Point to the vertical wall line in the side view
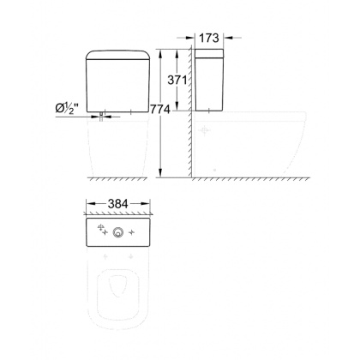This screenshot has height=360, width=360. pyautogui.click(x=189, y=111)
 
